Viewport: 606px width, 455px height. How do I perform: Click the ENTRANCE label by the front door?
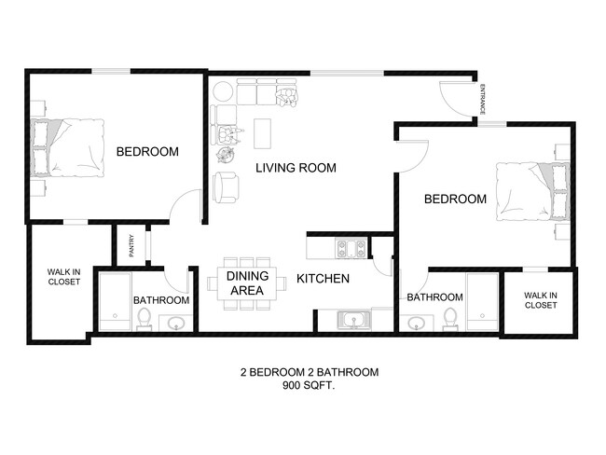(482, 99)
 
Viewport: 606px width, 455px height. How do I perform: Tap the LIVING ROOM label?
(296, 168)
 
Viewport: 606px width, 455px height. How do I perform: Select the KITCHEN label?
(323, 279)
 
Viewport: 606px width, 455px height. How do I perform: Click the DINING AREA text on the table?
(248, 283)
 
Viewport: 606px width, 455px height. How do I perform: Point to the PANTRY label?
(131, 244)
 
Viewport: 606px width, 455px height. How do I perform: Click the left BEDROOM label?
(147, 152)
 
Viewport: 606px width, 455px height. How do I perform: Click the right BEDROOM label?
(455, 199)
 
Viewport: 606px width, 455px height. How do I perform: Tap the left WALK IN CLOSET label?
(63, 277)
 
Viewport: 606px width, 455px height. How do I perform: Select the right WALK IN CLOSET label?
(540, 300)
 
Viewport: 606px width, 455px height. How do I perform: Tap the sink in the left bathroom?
(176, 324)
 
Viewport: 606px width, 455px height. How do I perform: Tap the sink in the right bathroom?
(417, 324)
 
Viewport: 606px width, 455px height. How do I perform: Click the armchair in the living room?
(227, 187)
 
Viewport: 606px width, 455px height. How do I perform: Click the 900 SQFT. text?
(309, 385)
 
